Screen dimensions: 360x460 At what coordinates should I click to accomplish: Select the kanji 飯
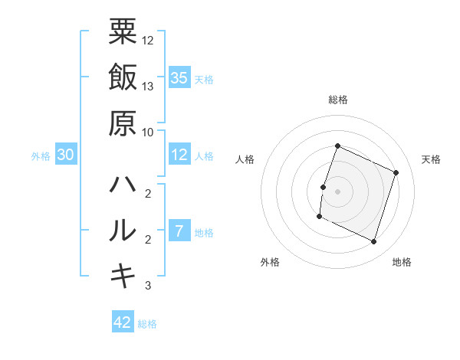tap(123, 78)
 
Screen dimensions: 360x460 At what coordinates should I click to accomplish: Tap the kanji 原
tap(123, 122)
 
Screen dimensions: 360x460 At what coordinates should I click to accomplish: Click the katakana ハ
tap(123, 185)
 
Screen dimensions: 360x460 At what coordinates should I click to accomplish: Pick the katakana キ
tap(123, 276)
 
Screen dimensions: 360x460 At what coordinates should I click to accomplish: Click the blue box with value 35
tap(179, 77)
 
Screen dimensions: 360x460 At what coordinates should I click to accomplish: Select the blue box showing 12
tap(179, 155)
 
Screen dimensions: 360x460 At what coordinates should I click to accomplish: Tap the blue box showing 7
tap(179, 231)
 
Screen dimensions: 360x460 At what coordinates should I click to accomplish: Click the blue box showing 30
tap(65, 155)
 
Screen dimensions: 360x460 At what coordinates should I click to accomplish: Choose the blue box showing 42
tap(123, 322)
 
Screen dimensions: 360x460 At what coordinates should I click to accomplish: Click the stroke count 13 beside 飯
tap(148, 86)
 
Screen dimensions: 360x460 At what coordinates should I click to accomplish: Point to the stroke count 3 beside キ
tap(148, 286)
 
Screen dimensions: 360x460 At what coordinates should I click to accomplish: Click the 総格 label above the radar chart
tap(337, 100)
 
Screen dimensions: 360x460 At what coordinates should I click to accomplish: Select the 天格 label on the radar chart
tap(431, 159)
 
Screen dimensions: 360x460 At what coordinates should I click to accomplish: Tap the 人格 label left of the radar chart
tap(245, 159)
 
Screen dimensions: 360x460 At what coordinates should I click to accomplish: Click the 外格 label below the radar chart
tap(270, 262)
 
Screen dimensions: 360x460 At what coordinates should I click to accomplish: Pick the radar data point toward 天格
tap(396, 173)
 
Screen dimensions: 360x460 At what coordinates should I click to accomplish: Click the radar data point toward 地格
tap(373, 242)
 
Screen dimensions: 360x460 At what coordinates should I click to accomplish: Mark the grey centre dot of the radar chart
tap(337, 191)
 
